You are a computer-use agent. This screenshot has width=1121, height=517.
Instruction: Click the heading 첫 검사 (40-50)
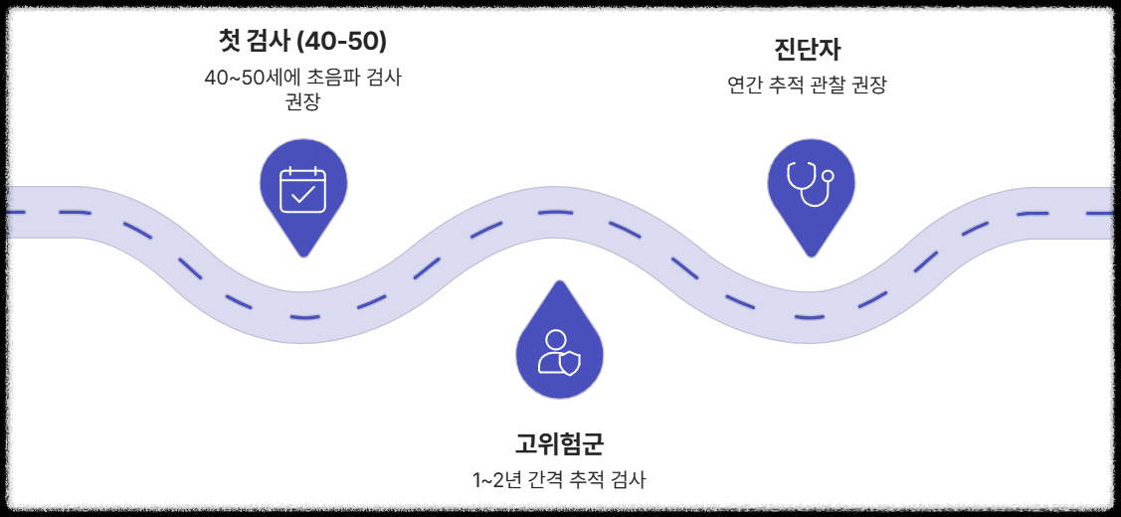coord(302,42)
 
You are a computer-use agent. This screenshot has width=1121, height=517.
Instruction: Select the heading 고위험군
coord(559,442)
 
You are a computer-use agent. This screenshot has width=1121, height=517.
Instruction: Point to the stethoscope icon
coord(810,181)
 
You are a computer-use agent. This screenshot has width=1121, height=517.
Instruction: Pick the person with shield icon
coord(559,353)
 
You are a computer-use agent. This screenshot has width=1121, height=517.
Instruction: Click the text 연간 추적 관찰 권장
coord(807,86)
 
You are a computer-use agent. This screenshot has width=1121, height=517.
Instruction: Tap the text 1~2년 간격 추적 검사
coord(559,480)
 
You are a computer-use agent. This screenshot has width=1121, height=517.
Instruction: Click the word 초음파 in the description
coord(336,78)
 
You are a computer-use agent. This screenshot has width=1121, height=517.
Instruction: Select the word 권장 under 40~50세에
coord(302,101)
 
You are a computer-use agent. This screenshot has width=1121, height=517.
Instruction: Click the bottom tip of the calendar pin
coord(303,256)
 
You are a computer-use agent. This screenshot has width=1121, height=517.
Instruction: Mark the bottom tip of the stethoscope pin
coord(812,256)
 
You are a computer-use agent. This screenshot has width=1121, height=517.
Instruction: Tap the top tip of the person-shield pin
coord(559,281)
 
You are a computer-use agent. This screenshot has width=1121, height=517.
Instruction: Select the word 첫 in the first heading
coord(228,42)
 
